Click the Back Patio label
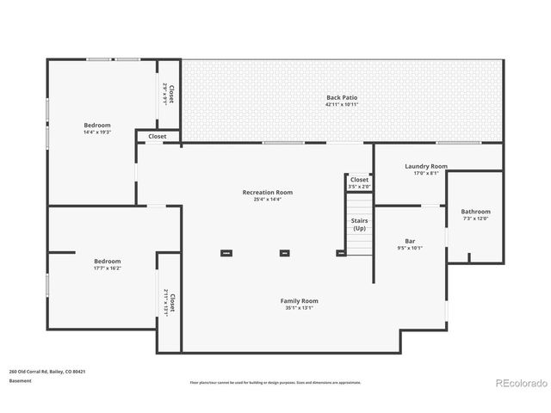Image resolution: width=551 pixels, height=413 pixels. coord(342,97)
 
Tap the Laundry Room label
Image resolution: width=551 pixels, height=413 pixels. coord(425,166)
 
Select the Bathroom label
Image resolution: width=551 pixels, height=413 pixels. coord(475,212)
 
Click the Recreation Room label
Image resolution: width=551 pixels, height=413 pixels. coord(268,192)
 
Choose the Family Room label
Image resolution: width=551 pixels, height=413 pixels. coord(300,300)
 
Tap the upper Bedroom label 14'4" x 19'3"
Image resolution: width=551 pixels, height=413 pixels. coord(97,125)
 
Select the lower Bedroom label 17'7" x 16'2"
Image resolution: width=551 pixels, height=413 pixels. coord(108,261)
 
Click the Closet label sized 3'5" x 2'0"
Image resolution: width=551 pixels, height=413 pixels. coord(359,180)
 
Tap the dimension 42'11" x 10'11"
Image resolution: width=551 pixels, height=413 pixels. coord(342,105)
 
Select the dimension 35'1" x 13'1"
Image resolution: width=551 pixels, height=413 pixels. coord(300,308)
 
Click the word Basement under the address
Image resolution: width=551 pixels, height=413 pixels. coord(20,381)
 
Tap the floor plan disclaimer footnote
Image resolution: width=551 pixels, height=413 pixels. coord(275,382)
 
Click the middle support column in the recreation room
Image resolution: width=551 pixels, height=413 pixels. coord(285,253)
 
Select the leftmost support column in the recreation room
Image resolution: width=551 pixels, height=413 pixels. coord(226,253)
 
